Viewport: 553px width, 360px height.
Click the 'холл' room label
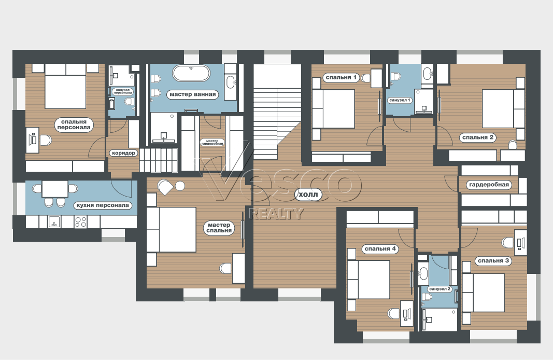(308, 195)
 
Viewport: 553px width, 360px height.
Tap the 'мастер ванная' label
(193, 94)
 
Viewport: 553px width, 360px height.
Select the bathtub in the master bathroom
(191, 73)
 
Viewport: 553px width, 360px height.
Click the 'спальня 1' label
(341, 77)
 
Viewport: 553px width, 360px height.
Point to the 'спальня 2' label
(477, 137)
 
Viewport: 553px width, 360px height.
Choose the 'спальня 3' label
(493, 261)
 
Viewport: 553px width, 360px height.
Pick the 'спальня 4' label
(380, 249)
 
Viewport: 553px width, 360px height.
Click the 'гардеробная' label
(489, 185)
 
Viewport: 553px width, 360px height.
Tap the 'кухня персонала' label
(103, 205)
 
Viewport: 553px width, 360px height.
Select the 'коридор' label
(123, 153)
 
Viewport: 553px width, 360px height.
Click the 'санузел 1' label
(400, 100)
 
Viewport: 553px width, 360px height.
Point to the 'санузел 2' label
(440, 289)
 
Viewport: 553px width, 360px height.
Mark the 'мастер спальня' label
(219, 228)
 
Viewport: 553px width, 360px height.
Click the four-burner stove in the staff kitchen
(80, 221)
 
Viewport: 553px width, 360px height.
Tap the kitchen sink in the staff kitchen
(54, 221)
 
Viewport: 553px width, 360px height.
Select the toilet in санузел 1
(396, 76)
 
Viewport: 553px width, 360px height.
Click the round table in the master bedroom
(180, 186)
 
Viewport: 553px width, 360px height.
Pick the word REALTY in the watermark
(276, 214)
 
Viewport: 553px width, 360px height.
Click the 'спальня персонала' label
(74, 124)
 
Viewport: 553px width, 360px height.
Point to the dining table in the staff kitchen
(55, 189)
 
